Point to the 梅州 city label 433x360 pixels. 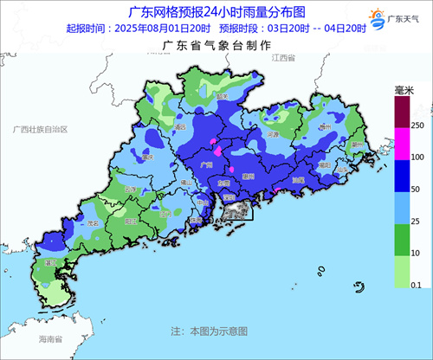326,126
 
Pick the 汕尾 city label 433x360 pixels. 297,180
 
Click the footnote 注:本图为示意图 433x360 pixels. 209,331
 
